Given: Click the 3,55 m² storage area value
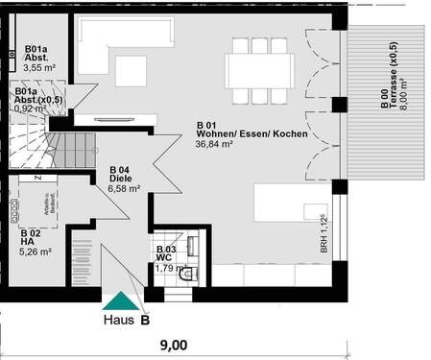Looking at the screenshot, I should (39, 68).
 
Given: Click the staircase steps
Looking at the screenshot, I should (71, 149).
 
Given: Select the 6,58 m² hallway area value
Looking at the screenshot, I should (125, 188).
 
